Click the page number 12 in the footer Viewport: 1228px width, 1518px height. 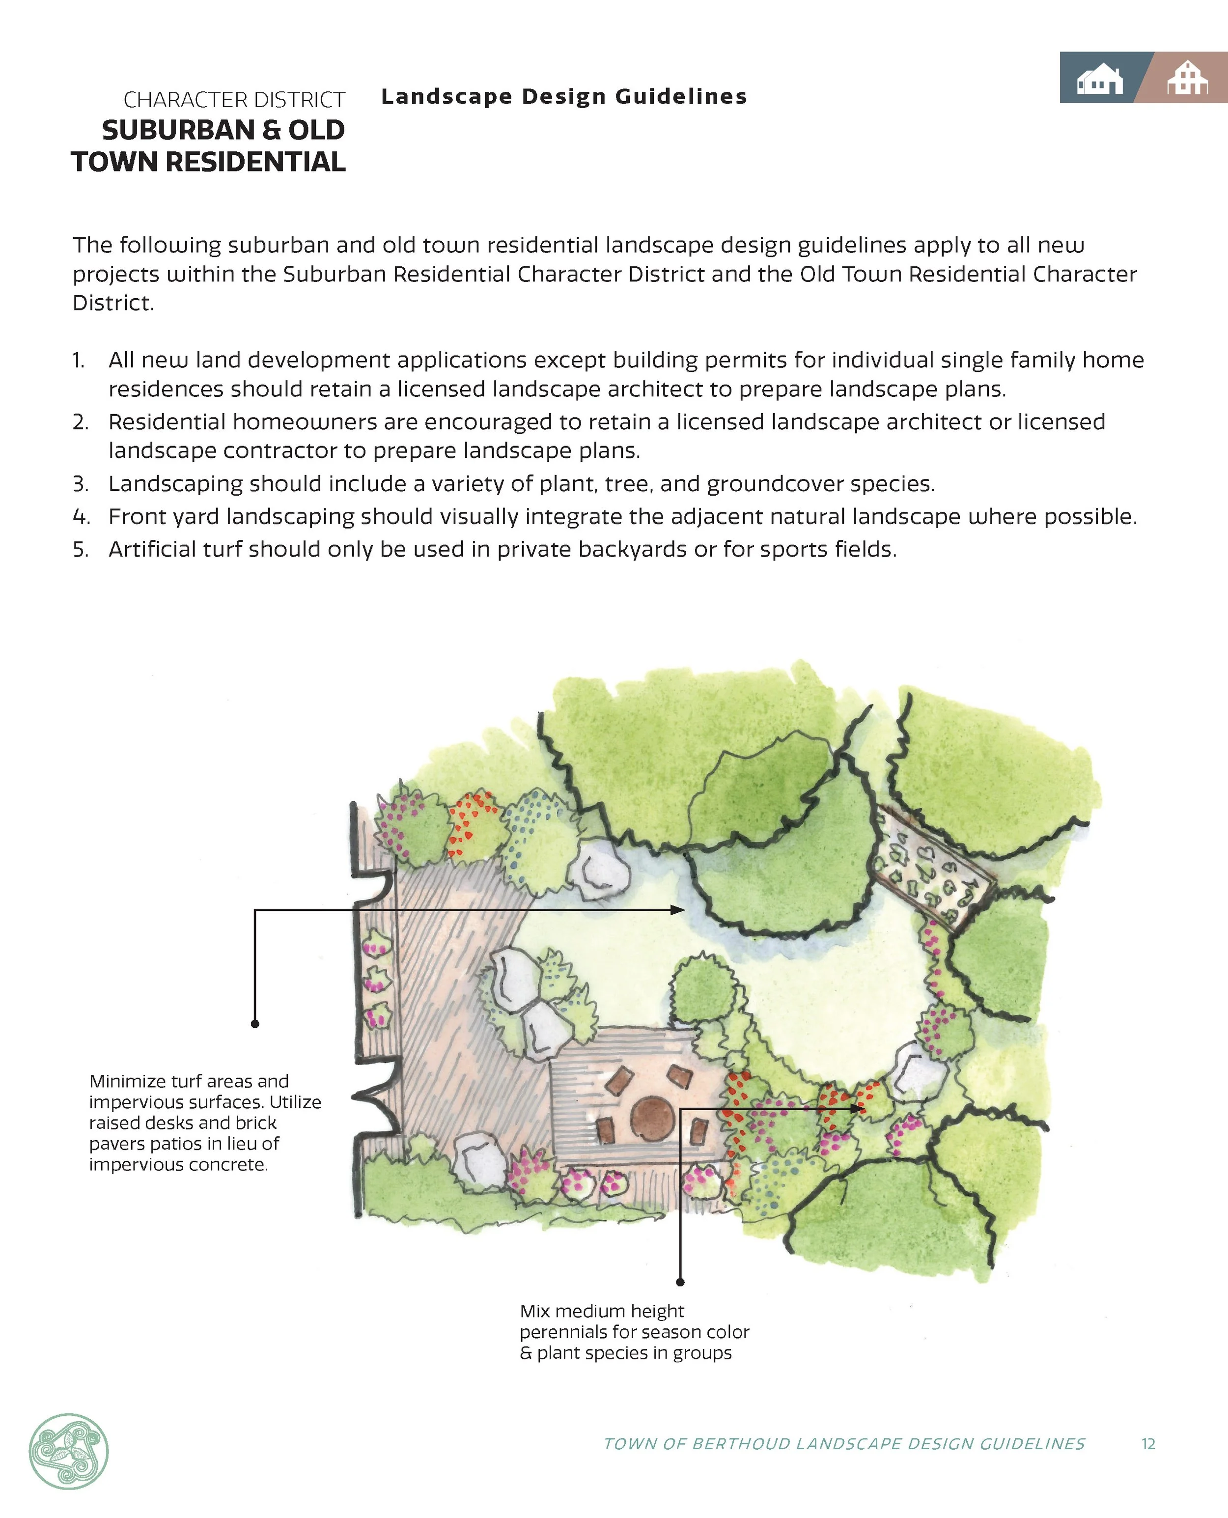click(x=1148, y=1444)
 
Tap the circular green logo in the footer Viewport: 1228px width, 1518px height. click(x=69, y=1451)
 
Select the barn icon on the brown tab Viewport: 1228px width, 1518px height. click(x=1188, y=79)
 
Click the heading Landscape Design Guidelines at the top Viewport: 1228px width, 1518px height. click(x=564, y=96)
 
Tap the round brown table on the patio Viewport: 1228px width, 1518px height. click(x=652, y=1118)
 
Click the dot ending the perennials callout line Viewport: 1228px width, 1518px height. click(x=680, y=1282)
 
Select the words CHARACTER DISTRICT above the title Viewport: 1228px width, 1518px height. click(x=234, y=100)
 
